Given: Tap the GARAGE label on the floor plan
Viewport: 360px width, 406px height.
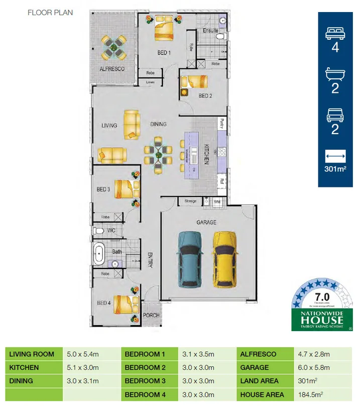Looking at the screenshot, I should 206,222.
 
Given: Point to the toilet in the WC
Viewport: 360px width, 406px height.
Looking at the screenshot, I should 99,231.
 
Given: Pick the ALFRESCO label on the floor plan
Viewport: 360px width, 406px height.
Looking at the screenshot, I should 111,69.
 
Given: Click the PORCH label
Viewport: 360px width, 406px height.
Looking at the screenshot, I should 151,316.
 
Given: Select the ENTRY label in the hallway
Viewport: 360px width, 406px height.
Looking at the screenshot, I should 149,259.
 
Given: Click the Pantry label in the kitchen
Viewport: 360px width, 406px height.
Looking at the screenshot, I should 221,124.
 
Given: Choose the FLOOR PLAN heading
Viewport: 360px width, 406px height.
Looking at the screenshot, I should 50,12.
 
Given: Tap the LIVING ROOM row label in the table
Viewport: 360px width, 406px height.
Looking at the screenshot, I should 32,354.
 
